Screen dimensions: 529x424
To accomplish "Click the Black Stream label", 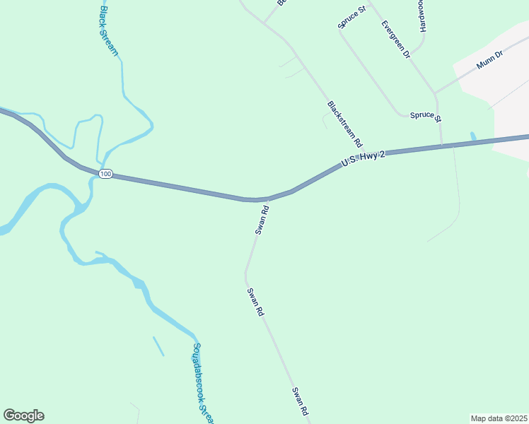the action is click(x=108, y=31).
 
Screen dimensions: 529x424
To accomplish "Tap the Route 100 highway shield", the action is click(x=105, y=174).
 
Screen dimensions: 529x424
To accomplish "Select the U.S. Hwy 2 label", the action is click(x=363, y=158).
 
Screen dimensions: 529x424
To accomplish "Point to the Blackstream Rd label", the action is click(x=344, y=123).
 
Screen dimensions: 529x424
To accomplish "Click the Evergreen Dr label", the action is click(x=396, y=39).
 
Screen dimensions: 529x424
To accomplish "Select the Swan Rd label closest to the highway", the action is click(x=262, y=220).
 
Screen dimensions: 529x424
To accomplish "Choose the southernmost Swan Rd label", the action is click(x=300, y=401).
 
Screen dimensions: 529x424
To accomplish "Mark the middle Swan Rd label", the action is click(x=255, y=302).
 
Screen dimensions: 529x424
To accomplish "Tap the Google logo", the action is click(x=23, y=416).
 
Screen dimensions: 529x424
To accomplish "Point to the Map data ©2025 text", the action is click(x=498, y=418).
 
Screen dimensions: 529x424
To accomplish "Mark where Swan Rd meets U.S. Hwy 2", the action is click(x=268, y=199).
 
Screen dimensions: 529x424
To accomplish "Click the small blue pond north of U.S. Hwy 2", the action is click(x=473, y=136).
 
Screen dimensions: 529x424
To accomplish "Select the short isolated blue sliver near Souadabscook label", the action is click(x=158, y=346).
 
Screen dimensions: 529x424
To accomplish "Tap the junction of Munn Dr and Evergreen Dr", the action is click(x=436, y=93).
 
